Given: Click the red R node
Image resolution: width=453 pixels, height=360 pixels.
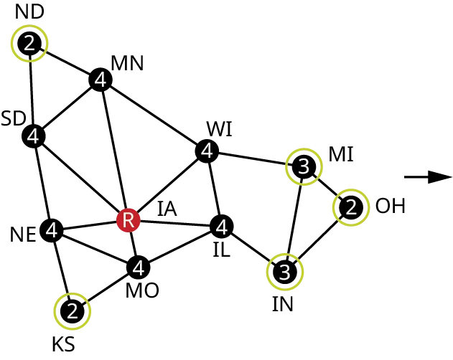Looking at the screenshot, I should (129, 220).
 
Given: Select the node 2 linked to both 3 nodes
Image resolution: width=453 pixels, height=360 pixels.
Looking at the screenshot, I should (350, 207).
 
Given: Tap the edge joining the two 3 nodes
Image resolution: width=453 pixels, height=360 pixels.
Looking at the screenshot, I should (294, 219).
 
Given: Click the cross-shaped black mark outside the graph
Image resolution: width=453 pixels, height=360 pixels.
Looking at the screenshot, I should (427, 177).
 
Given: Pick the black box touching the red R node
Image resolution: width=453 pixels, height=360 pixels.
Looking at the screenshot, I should (167, 211).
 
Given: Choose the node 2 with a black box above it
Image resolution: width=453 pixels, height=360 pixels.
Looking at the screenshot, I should (29, 44).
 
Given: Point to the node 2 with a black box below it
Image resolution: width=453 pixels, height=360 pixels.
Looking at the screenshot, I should (72, 311).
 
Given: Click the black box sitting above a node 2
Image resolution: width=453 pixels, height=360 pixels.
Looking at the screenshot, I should (29, 10).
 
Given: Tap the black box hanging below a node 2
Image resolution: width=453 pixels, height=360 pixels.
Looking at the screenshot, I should (62, 344).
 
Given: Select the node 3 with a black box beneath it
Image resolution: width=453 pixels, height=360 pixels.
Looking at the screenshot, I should (285, 273).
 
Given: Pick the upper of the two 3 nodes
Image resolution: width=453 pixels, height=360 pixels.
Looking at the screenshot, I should (304, 166).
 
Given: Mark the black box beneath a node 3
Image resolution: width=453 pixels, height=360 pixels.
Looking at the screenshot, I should (281, 305).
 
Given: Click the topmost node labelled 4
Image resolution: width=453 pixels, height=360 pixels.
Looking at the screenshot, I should (101, 80).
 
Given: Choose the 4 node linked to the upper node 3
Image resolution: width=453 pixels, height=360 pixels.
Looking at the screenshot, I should (207, 151).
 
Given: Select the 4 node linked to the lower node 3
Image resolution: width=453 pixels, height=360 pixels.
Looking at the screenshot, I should (222, 228).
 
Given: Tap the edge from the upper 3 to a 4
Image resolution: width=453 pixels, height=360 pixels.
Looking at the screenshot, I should (255, 158).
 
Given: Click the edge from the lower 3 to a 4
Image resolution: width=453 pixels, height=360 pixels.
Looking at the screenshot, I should (253, 250).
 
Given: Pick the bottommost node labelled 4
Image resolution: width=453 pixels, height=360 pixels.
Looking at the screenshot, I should (139, 268).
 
